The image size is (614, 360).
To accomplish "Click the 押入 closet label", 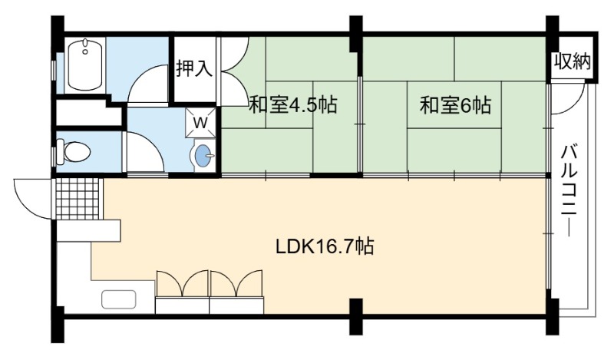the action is (x=194, y=69).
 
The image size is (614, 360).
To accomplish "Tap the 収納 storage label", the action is (x=572, y=61).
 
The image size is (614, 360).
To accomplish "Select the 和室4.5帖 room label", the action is (x=293, y=105).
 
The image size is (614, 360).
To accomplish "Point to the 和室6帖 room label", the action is (x=456, y=105).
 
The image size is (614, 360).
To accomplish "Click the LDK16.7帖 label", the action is (x=325, y=247).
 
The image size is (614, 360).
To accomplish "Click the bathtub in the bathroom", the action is (x=85, y=65).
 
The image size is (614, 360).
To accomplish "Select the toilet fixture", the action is (x=74, y=151).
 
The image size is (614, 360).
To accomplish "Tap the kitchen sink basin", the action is (x=119, y=299).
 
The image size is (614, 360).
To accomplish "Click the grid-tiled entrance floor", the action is (x=79, y=199).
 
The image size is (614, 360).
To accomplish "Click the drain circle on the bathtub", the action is (x=84, y=51).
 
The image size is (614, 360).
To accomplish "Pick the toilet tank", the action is (x=61, y=152).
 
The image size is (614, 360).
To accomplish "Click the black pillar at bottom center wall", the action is (x=355, y=316).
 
